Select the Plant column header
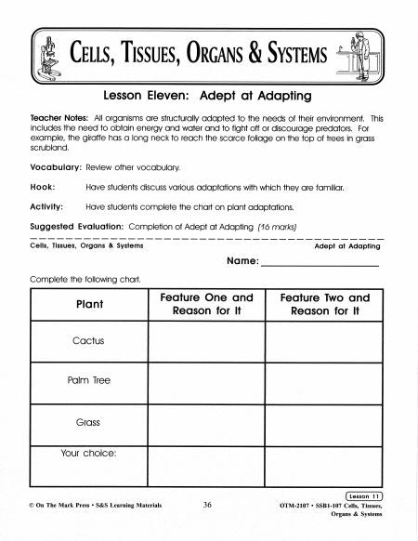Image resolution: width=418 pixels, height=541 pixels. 89,305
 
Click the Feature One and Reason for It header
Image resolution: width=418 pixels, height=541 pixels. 206,304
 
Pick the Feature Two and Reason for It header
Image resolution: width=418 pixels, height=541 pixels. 324,304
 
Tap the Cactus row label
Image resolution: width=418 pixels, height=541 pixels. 89,340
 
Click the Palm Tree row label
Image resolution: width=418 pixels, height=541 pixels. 89,381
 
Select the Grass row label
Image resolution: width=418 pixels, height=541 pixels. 89,421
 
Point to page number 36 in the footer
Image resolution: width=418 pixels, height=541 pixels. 207,505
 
